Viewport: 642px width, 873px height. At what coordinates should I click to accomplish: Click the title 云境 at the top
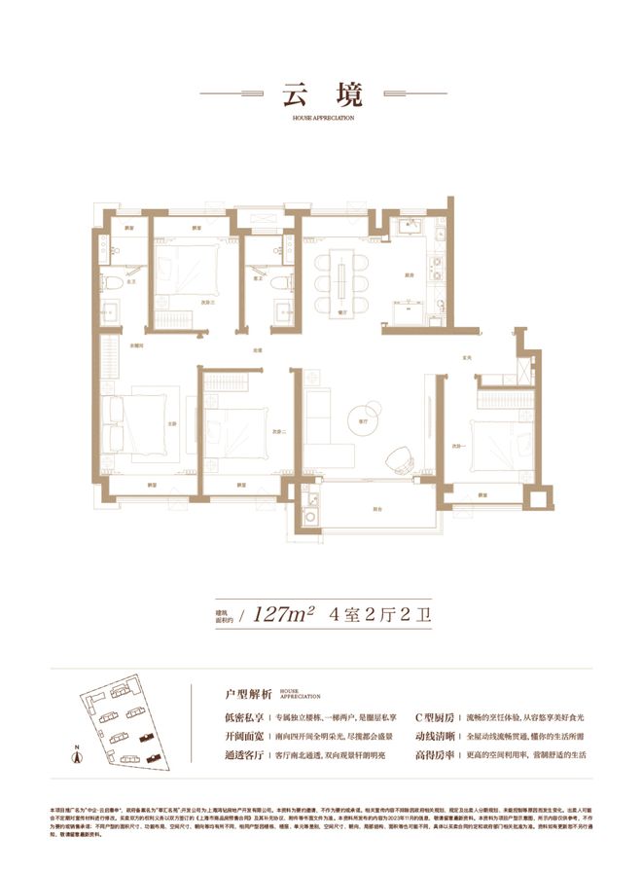321,95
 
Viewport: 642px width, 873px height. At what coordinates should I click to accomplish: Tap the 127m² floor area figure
282,614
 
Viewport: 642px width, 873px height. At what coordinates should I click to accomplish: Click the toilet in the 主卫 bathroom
114,282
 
